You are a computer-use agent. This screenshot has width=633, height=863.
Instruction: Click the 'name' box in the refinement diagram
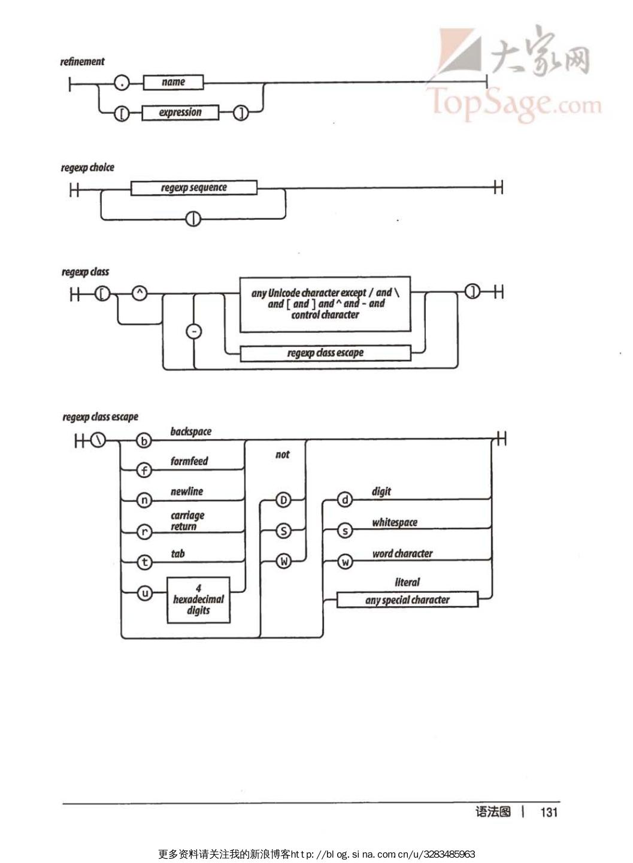point(173,82)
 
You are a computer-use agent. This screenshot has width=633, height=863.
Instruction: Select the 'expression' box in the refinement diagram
point(180,113)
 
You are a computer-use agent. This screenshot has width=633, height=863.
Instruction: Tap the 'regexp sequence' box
point(193,187)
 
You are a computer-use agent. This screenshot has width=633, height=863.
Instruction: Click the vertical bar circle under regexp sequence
point(193,219)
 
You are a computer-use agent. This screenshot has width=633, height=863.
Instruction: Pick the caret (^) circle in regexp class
point(139,293)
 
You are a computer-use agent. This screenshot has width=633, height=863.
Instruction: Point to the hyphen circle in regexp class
point(194,331)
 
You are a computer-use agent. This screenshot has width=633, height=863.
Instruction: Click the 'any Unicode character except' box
point(325,304)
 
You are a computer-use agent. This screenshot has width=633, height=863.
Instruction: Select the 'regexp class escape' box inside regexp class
point(325,353)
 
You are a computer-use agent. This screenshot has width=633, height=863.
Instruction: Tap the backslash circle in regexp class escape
point(98,440)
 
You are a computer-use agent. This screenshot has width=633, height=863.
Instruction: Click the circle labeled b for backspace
point(144,441)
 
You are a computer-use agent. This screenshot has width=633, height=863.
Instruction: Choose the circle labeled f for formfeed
point(144,470)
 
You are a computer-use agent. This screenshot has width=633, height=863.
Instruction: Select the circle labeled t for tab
point(144,562)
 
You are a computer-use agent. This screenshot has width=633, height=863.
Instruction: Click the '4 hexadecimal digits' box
point(198,599)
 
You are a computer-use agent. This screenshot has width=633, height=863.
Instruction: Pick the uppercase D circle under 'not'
point(283,500)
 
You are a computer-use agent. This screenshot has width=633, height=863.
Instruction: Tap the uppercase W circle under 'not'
point(283,562)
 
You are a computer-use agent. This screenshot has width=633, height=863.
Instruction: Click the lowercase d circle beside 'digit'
point(344,499)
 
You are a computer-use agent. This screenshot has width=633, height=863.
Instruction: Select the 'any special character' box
point(407,599)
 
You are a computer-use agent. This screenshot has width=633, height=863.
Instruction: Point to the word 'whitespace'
point(394,522)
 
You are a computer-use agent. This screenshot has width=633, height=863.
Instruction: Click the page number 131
point(549,812)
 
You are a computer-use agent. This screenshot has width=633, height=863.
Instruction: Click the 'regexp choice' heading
point(87,168)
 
